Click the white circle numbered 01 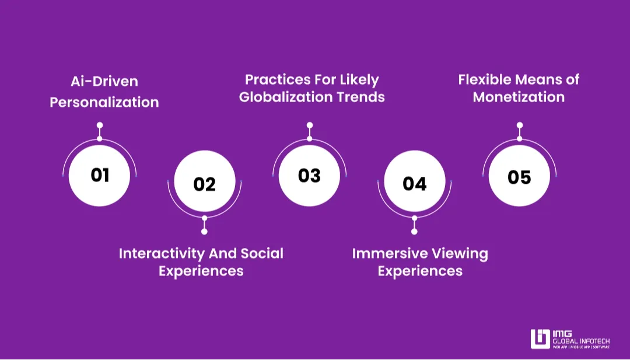point(99,176)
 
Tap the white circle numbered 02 point(205,181)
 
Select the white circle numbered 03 point(309,176)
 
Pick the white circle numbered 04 point(415,181)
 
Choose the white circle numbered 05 point(520,176)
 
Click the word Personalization point(104,102)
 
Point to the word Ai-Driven point(104,81)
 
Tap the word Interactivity point(162,254)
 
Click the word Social point(262,253)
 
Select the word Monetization point(519,97)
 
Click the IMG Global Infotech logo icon point(540,339)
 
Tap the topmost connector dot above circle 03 point(309,125)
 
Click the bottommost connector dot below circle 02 point(205,232)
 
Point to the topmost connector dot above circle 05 point(520,125)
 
